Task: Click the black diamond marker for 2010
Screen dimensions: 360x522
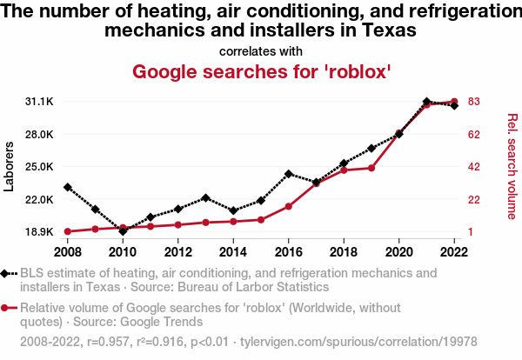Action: (123, 231)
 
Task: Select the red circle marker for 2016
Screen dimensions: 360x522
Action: (289, 206)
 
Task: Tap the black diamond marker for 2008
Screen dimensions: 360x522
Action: (68, 187)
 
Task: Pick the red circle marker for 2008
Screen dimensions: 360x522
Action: (68, 231)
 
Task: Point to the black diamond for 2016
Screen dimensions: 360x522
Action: (289, 174)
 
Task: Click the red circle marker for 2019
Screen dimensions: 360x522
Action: (371, 168)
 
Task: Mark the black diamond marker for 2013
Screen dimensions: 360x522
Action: (206, 197)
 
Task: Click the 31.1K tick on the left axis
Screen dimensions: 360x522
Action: (40, 102)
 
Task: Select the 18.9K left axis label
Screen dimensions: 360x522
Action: (40, 232)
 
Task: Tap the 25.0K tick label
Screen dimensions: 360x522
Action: (40, 167)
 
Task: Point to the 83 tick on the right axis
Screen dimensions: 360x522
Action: (473, 102)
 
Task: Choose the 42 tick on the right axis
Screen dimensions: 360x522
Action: (473, 167)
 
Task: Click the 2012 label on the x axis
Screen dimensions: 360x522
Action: (178, 252)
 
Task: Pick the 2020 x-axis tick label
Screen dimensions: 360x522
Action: (399, 252)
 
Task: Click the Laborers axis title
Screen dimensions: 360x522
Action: (10, 166)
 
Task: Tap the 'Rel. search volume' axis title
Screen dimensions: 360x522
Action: (512, 166)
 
